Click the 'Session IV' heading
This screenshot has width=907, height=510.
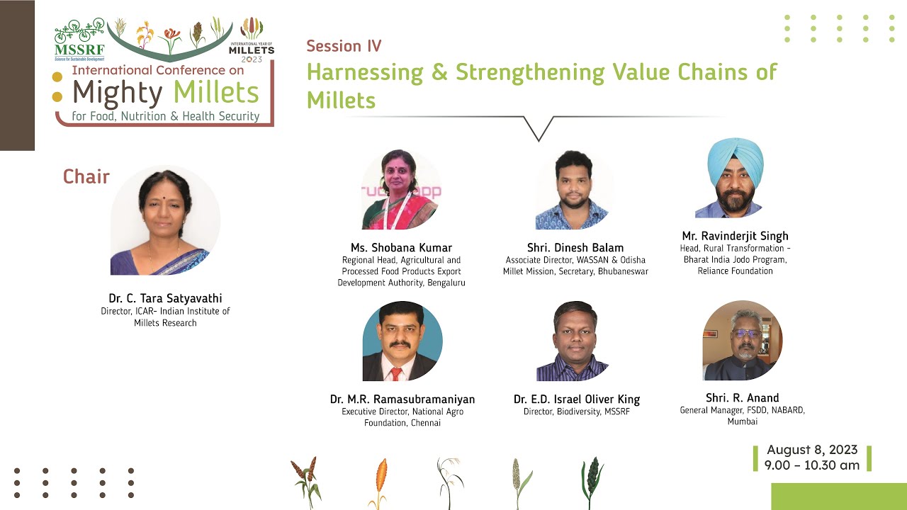(344, 46)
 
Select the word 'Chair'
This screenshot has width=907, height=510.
(86, 176)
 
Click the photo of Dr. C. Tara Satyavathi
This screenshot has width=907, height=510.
(165, 220)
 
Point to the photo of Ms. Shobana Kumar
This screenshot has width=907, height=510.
(401, 190)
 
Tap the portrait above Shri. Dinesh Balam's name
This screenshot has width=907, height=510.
(575, 190)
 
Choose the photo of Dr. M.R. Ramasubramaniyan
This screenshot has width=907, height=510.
(402, 341)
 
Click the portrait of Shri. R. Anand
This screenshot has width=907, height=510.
(742, 341)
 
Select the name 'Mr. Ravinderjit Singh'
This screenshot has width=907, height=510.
(735, 236)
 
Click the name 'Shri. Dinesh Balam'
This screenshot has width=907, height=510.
(575, 248)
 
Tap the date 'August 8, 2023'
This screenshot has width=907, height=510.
(812, 450)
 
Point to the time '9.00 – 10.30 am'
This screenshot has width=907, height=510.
(812, 465)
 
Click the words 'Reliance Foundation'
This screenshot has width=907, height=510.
(735, 271)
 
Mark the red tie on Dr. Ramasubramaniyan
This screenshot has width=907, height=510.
(396, 373)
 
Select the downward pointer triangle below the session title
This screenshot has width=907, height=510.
(539, 128)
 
